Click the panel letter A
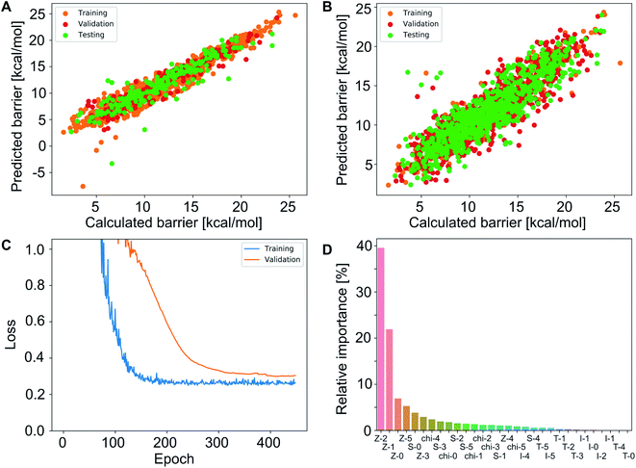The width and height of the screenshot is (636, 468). tap(7, 9)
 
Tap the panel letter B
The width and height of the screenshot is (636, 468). tap(330, 9)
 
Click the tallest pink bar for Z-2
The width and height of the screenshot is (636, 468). tap(380, 338)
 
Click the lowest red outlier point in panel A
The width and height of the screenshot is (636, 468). tap(83, 186)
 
